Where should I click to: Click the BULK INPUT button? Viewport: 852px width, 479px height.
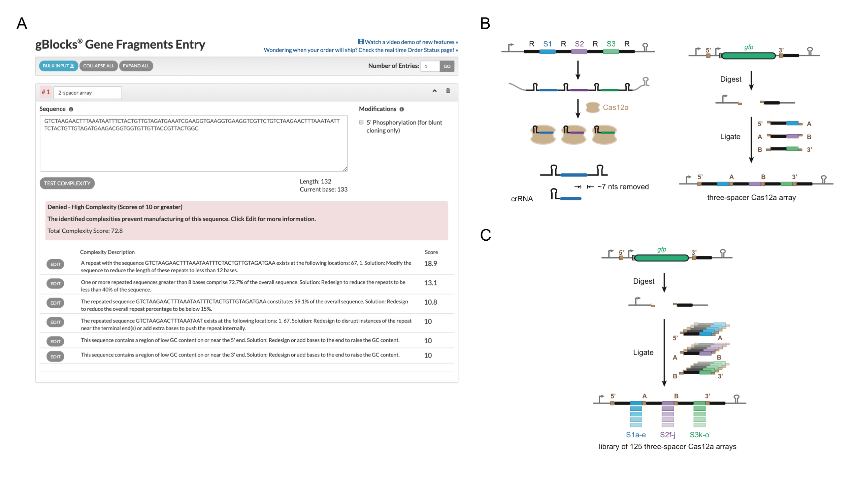click(x=58, y=66)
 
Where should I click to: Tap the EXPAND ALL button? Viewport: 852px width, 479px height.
click(x=136, y=66)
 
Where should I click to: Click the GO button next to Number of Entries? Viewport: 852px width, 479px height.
click(x=447, y=66)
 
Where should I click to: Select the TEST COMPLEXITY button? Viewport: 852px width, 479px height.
click(x=67, y=183)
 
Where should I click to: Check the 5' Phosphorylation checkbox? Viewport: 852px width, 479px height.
click(x=361, y=123)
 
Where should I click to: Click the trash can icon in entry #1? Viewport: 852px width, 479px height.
click(x=448, y=91)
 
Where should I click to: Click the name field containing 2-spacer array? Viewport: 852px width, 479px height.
click(x=87, y=93)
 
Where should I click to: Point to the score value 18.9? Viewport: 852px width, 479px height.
click(x=430, y=264)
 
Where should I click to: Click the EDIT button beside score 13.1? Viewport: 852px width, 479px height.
click(x=55, y=283)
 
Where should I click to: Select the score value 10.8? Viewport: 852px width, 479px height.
click(x=430, y=302)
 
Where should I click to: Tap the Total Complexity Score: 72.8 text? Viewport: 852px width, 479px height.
click(x=85, y=231)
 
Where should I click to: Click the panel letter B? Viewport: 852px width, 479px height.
click(x=485, y=24)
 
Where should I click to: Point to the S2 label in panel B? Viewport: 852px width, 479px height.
click(x=579, y=44)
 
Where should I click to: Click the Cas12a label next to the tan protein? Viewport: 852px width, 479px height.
click(x=615, y=107)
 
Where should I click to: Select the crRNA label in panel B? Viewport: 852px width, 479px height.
click(x=522, y=199)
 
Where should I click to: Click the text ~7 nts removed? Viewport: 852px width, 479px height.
click(x=623, y=187)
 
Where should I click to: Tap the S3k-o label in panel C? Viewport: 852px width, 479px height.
click(x=699, y=435)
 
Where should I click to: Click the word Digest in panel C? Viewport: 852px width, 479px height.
click(x=643, y=281)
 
